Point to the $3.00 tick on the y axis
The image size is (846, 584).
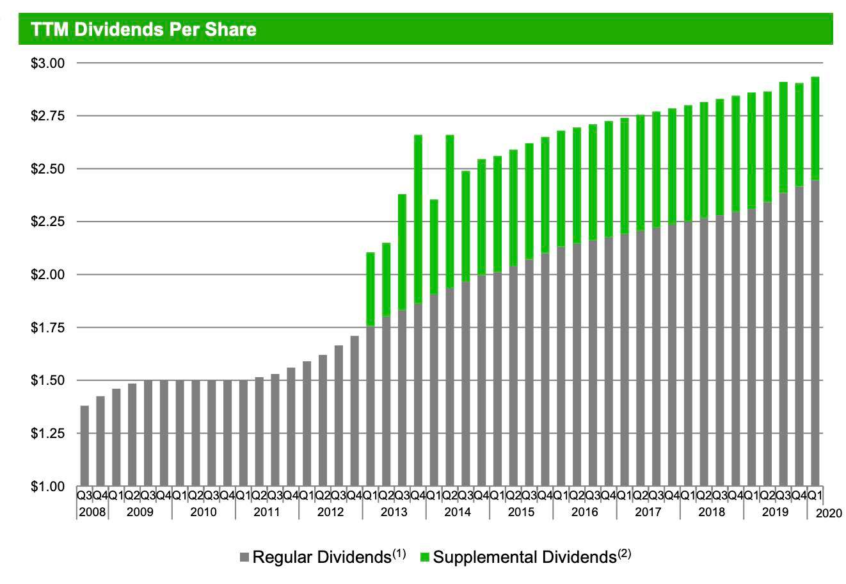coord(48,63)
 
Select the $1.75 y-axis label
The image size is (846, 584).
coord(48,327)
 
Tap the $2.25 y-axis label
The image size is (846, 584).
coord(48,222)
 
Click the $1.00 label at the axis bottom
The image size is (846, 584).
coord(48,487)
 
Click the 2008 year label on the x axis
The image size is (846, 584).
coord(92,512)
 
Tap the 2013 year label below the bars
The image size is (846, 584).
coord(394,512)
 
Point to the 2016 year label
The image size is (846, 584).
coord(584,512)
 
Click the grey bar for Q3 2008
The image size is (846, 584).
coord(84,446)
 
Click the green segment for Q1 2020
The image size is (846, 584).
coord(815,129)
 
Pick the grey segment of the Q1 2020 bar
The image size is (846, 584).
coord(815,333)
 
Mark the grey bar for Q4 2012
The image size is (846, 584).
coord(355,410)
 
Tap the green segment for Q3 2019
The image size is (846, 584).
coord(783,138)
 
